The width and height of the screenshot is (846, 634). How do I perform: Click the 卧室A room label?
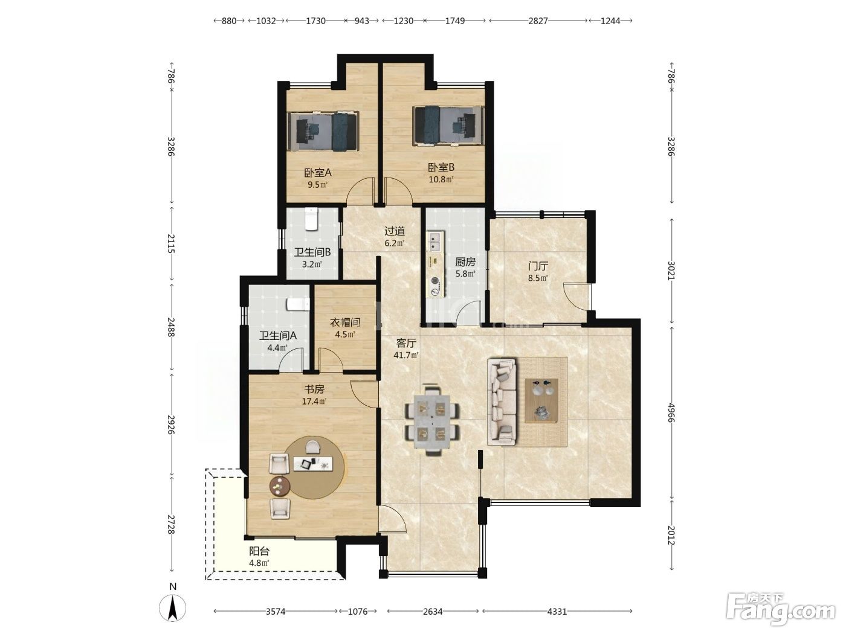[318, 173]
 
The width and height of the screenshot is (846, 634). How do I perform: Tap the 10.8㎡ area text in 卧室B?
[441, 179]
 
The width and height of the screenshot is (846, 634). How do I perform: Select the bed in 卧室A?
[323, 132]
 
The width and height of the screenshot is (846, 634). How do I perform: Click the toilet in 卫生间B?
[311, 219]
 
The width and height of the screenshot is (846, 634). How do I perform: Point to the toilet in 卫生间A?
[298, 304]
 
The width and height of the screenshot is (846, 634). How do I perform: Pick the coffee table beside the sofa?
[541, 400]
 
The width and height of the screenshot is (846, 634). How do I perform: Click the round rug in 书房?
[314, 467]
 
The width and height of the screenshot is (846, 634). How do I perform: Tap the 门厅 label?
[538, 266]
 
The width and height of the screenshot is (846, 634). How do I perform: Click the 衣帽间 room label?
[345, 322]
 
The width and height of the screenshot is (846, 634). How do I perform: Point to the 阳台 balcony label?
[259, 551]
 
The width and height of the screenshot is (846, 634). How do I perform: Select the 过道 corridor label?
[395, 231]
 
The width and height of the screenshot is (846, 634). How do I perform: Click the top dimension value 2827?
[538, 21]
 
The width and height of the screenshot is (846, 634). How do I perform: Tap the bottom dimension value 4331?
[557, 611]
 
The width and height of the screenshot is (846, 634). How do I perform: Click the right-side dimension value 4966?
[671, 412]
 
